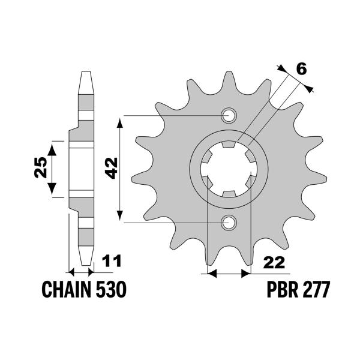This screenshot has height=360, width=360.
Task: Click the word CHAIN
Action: click(66, 290)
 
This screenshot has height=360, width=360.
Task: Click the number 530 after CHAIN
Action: click(110, 290)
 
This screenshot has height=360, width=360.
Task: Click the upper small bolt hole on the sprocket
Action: click(229, 115)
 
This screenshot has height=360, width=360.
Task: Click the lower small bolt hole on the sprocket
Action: click(229, 223)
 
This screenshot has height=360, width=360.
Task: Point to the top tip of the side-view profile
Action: click(85, 73)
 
